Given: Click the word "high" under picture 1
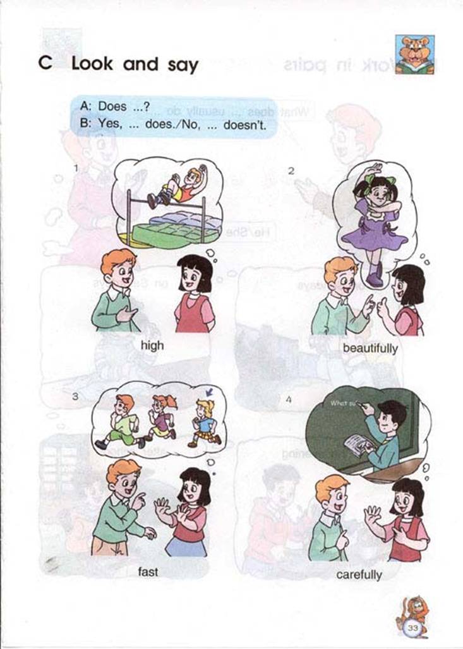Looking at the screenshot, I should click(152, 345).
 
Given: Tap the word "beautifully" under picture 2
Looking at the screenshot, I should click(370, 348).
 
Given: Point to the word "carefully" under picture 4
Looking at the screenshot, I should click(359, 574).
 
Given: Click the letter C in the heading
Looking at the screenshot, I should click(45, 64).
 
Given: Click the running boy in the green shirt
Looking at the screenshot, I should click(122, 422).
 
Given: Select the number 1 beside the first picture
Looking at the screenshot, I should click(76, 168).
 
